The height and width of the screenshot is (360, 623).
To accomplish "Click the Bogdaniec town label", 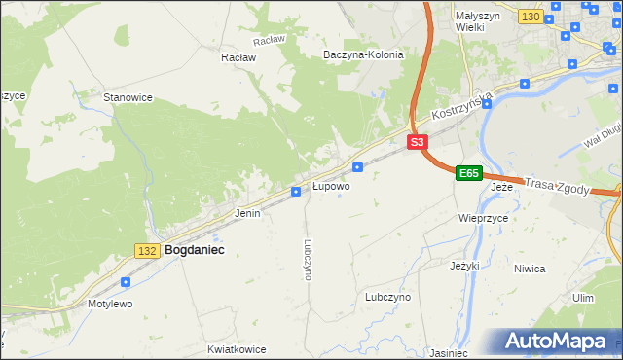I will (x=195, y=250).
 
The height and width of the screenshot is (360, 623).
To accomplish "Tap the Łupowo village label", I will (x=331, y=185).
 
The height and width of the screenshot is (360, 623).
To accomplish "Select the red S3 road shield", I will (x=417, y=142).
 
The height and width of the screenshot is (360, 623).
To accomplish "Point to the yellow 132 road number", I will (x=147, y=251).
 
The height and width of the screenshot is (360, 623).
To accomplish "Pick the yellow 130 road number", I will (x=531, y=18).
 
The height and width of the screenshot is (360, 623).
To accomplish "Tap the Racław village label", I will (x=238, y=57).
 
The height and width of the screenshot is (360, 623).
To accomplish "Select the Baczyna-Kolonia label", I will (x=363, y=54).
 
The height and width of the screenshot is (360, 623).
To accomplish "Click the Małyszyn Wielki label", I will (x=476, y=21).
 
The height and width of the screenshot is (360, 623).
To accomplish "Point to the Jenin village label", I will (x=247, y=212).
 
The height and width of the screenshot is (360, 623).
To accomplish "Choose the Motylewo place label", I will (x=109, y=304).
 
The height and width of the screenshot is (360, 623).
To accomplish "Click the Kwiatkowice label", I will (x=238, y=347).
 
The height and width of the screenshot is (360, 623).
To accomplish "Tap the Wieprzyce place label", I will (x=484, y=219).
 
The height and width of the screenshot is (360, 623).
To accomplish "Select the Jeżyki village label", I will (x=465, y=265).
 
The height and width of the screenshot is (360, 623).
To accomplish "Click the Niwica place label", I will (x=557, y=269).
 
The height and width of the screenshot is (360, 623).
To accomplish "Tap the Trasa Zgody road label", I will (x=557, y=186).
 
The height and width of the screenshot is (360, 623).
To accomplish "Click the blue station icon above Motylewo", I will (x=126, y=282).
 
